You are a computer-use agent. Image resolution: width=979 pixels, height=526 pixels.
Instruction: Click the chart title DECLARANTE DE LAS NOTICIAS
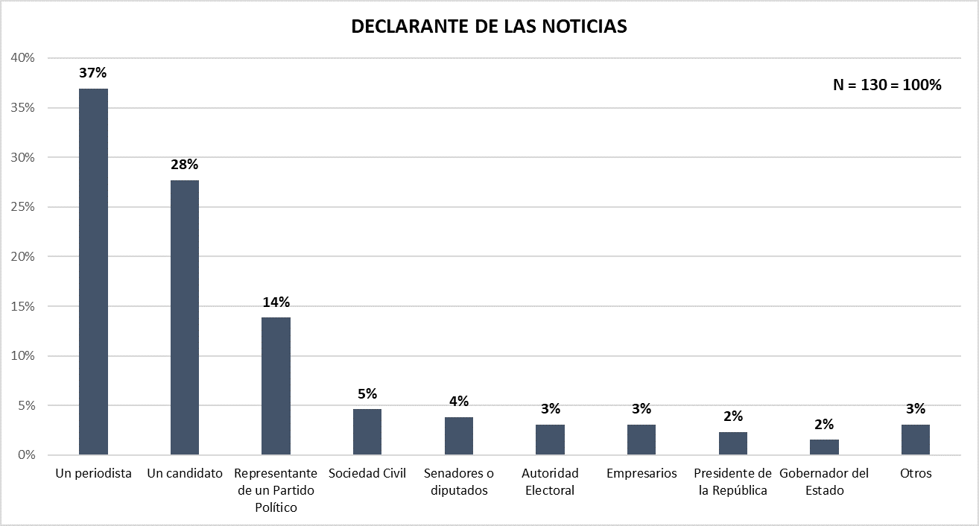pyautogui.click(x=489, y=27)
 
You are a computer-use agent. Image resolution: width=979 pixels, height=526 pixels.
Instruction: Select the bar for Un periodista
pyautogui.click(x=93, y=272)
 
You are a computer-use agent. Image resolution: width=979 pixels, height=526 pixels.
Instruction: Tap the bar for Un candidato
pyautogui.click(x=185, y=317)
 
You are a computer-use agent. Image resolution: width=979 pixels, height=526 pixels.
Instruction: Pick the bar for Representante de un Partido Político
pyautogui.click(x=276, y=386)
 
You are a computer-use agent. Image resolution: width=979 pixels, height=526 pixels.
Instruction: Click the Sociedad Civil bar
pyautogui.click(x=367, y=432)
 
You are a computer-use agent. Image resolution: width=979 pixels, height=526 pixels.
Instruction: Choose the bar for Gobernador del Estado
pyautogui.click(x=824, y=447)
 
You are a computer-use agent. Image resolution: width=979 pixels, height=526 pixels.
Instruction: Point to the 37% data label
pyautogui.click(x=93, y=73)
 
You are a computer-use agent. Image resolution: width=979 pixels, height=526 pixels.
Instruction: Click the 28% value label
pyautogui.click(x=185, y=165)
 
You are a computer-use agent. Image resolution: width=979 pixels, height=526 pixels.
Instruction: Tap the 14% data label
pyautogui.click(x=276, y=302)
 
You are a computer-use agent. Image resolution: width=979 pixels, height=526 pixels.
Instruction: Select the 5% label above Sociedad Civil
pyautogui.click(x=367, y=393)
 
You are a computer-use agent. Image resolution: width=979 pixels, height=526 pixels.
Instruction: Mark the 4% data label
pyautogui.click(x=459, y=402)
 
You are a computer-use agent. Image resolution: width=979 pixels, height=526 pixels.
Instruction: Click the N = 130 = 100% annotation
pyautogui.click(x=887, y=85)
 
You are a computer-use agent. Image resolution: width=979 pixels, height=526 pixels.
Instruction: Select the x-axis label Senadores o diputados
pyautogui.click(x=459, y=481)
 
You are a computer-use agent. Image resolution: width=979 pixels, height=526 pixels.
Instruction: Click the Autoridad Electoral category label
pyautogui.click(x=550, y=481)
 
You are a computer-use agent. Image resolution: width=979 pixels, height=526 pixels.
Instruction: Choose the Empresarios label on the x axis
pyautogui.click(x=641, y=473)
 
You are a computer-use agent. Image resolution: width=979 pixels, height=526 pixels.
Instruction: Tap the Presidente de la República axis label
pyautogui.click(x=732, y=481)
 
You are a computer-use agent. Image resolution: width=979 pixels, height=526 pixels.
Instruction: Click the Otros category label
pyautogui.click(x=916, y=473)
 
